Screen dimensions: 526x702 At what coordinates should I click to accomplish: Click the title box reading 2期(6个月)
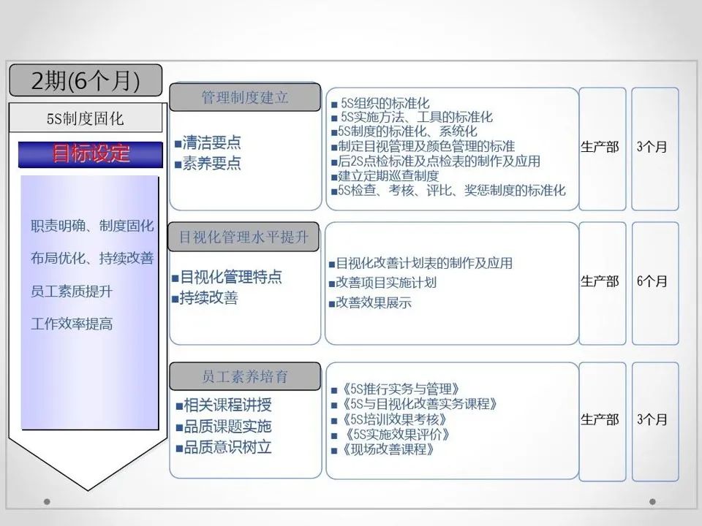click(86, 80)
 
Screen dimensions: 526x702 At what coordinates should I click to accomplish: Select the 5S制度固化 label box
click(86, 118)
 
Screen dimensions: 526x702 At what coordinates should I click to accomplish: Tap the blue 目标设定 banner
click(91, 154)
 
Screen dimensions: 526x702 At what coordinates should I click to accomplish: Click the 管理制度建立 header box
click(245, 97)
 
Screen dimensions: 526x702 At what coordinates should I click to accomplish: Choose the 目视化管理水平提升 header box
click(245, 237)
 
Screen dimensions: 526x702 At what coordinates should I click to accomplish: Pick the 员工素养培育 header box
click(245, 377)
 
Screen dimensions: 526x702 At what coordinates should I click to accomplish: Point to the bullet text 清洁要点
click(211, 142)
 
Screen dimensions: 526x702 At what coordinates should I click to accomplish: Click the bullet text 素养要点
click(211, 163)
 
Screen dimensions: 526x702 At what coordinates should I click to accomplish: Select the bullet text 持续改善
click(208, 298)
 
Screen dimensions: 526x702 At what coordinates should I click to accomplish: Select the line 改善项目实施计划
click(386, 282)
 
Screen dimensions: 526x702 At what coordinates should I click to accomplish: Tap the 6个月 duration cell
click(652, 281)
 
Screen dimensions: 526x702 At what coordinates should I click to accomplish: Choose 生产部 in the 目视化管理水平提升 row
click(600, 281)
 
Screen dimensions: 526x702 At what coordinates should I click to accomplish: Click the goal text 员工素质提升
click(72, 291)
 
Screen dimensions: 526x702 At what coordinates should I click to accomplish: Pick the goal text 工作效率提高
click(72, 324)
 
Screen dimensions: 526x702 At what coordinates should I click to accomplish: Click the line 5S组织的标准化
click(385, 104)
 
